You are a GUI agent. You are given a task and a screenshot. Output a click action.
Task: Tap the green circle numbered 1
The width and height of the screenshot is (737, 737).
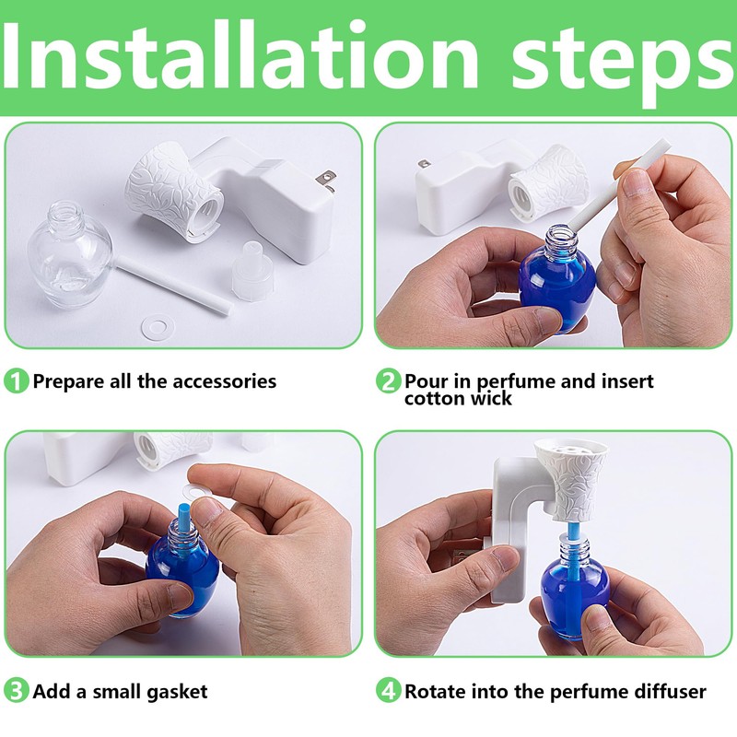point(17,380)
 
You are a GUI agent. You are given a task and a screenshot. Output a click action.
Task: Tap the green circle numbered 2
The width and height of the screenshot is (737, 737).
point(389,380)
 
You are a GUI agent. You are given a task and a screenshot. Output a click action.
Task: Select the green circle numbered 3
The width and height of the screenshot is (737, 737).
point(17,691)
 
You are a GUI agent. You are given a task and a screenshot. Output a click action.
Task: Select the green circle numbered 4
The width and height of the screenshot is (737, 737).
point(389,691)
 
